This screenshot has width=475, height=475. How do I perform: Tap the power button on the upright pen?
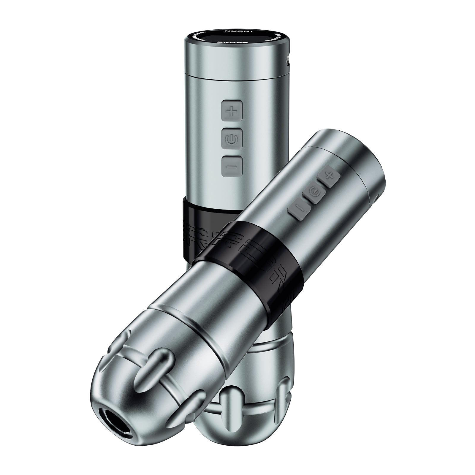(x=232, y=138)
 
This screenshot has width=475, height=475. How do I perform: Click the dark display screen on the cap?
(x=235, y=37)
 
